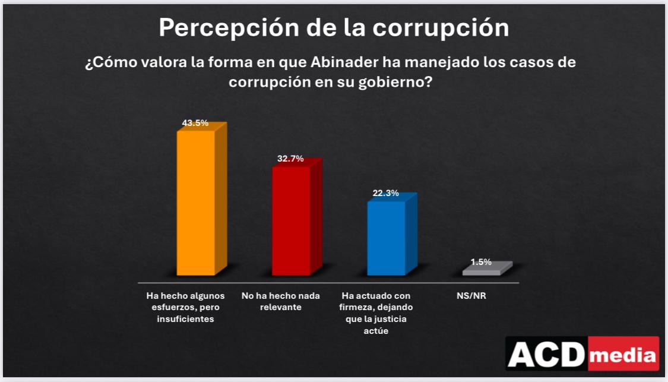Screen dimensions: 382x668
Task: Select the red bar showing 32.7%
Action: coord(291,220)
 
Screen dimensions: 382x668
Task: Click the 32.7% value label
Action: coord(290,159)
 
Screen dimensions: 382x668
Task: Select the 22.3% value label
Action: coord(386,194)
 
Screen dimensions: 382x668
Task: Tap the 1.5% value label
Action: coord(481,262)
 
